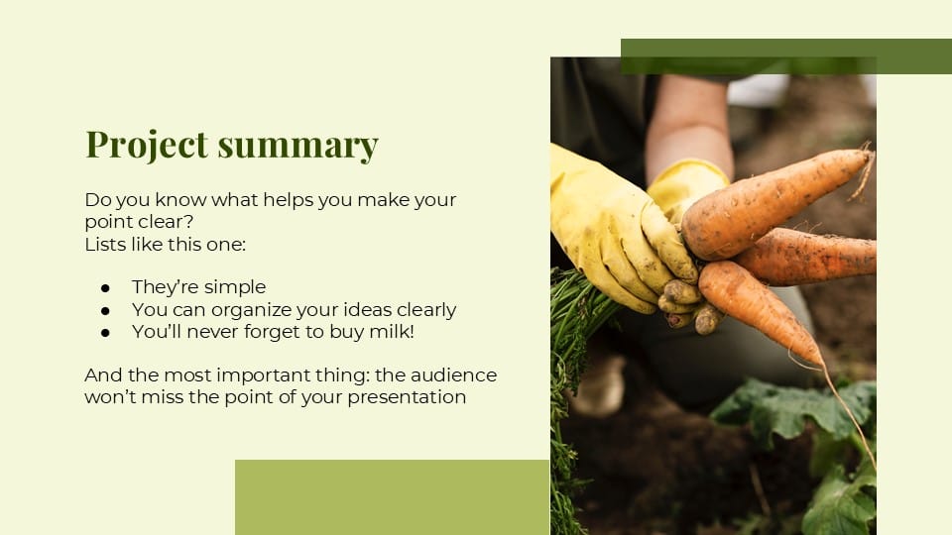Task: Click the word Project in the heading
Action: point(146,145)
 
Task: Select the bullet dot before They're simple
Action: point(105,287)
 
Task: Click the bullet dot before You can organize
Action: point(105,310)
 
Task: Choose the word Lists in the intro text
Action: point(105,243)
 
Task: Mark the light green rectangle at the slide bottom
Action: point(392,496)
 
